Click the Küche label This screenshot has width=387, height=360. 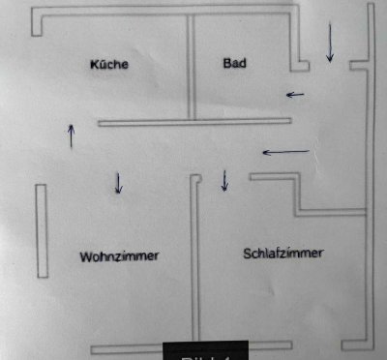point(109,65)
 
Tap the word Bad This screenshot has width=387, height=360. point(234,64)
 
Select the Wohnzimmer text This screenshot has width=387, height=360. point(119,256)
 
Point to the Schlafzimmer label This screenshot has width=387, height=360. point(283,254)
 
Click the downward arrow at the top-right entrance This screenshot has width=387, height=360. point(330,43)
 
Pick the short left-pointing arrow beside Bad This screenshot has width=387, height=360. point(294,95)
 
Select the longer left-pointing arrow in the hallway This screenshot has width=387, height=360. point(286,152)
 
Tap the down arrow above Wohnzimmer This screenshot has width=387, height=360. point(118,182)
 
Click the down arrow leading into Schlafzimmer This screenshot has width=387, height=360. point(225,179)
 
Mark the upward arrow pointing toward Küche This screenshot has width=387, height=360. point(71,135)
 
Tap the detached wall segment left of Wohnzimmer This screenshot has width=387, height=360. point(42,230)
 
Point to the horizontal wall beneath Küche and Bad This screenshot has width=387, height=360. point(193,122)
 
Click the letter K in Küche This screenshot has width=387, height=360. point(94,65)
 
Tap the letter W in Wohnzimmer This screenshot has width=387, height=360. point(86,256)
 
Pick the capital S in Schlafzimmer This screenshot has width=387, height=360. point(248,254)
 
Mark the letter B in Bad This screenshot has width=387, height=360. point(226,64)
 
